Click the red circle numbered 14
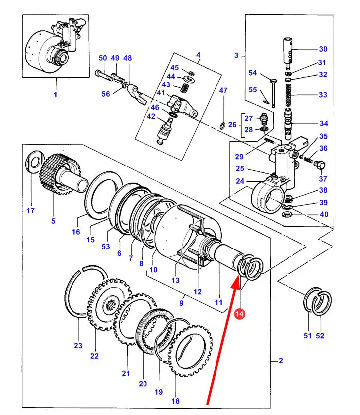[239, 314]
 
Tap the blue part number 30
[323, 49]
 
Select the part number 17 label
[30, 210]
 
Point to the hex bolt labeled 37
[319, 165]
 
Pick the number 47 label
[223, 90]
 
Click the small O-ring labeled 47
[223, 125]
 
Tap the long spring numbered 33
[288, 96]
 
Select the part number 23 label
[78, 345]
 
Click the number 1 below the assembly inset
[55, 94]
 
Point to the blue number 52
[320, 336]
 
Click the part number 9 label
[181, 303]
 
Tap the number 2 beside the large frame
[281, 361]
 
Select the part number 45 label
[175, 68]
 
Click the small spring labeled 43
[184, 88]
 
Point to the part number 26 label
[232, 124]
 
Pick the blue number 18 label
[176, 401]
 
